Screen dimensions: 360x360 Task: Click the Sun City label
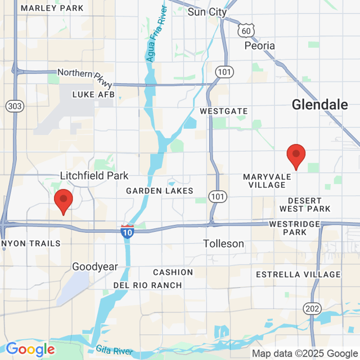click(207, 12)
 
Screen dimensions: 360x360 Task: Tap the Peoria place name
click(260, 46)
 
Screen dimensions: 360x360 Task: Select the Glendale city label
click(319, 105)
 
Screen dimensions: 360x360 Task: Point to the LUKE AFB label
click(93, 94)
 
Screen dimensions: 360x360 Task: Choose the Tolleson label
click(224, 244)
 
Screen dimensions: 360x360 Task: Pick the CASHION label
click(173, 272)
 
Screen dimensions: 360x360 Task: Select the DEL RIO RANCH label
click(147, 285)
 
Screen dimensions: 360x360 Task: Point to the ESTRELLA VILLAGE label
click(298, 274)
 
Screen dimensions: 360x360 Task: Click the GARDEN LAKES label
click(160, 191)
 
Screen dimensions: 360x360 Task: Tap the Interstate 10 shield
click(127, 231)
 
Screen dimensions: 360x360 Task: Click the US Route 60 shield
click(245, 30)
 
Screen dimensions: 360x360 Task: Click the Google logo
click(30, 349)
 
